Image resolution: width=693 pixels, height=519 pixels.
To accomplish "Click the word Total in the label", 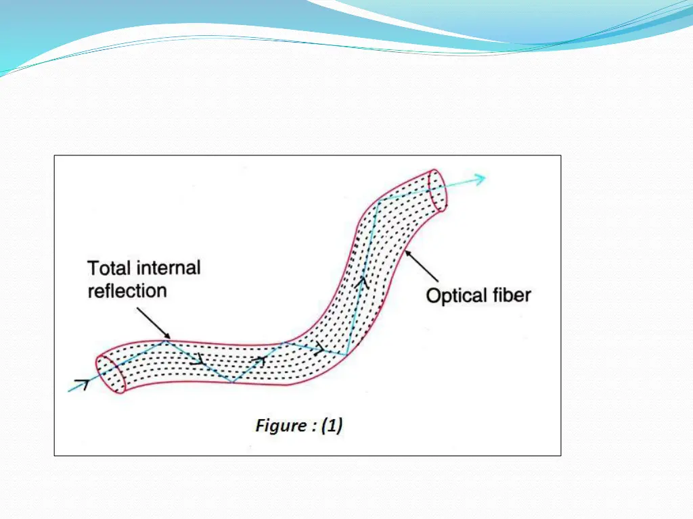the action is (x=110, y=268).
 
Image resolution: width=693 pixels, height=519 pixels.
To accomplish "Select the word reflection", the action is (x=127, y=291).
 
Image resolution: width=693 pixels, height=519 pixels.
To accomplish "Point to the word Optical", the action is (x=456, y=295).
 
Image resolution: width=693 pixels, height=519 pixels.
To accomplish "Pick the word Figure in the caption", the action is (x=280, y=425).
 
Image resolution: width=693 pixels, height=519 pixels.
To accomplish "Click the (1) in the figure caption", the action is (x=332, y=425).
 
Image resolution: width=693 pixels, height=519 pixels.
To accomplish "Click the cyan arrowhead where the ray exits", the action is (x=480, y=178).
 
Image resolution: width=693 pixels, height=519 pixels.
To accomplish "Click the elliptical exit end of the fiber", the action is (x=439, y=190).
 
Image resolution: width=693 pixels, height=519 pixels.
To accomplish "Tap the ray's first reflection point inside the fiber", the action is (x=167, y=341).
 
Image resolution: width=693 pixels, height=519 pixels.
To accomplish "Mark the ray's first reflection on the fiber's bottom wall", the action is (x=233, y=382).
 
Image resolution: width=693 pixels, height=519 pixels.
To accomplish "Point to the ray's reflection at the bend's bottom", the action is (x=346, y=355).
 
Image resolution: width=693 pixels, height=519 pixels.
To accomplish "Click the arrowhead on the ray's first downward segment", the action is (x=198, y=360).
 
